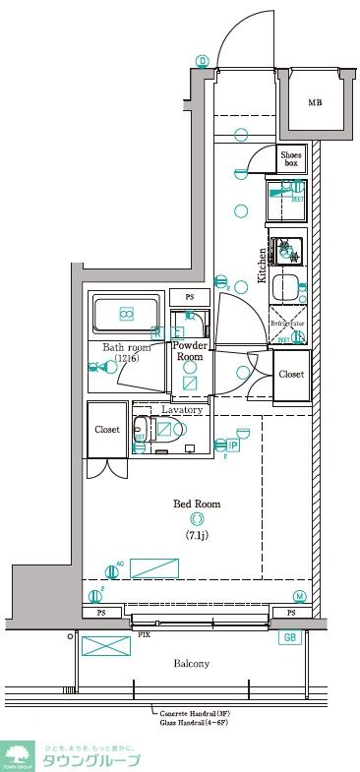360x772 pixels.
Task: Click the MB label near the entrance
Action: (x=315, y=103)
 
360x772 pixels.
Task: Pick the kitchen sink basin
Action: (x=286, y=288)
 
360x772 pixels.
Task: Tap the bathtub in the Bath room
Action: (x=126, y=315)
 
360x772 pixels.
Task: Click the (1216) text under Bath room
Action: (x=127, y=360)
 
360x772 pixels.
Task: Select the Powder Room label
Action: (x=189, y=351)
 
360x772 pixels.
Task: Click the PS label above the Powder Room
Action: (x=190, y=297)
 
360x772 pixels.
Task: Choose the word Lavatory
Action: (x=182, y=409)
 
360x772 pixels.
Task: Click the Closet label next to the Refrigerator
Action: (x=291, y=375)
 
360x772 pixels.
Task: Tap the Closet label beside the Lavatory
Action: (x=107, y=430)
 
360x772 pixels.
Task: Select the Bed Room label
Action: (x=197, y=504)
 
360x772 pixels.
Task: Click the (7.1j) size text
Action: (x=198, y=535)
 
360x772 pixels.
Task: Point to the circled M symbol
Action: (x=299, y=596)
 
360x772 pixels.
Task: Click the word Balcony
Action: (x=192, y=664)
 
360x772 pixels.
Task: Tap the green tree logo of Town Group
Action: (x=18, y=755)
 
